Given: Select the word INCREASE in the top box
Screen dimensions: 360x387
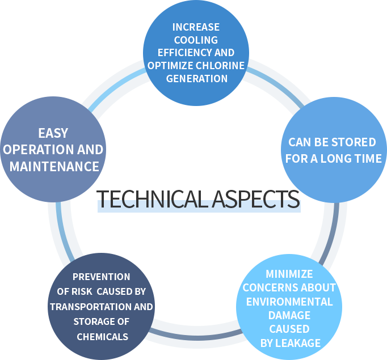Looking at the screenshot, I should [x=196, y=27].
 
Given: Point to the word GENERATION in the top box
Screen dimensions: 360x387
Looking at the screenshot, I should [x=196, y=78].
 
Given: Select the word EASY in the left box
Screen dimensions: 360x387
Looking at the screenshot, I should [x=53, y=133].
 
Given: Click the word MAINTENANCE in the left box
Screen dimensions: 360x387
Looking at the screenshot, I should [x=54, y=167].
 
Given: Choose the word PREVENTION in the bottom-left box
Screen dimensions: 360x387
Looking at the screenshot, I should [x=102, y=277].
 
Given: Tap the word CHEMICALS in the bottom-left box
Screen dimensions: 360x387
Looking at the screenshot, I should [x=102, y=337].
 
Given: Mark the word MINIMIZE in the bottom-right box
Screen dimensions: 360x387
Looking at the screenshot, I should [x=289, y=274].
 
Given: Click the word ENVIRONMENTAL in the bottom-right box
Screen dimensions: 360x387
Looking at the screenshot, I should [x=289, y=301].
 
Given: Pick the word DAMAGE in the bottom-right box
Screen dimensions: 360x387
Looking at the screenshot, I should [x=289, y=315].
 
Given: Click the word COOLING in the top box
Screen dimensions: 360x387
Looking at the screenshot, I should [x=196, y=40].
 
